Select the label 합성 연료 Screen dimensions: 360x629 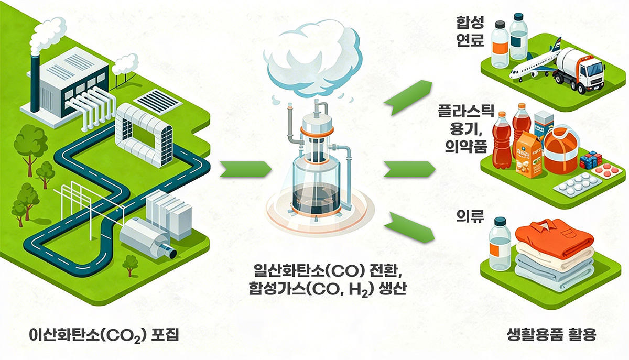pos(470,31)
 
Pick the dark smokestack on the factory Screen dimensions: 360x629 pos(35,79)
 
